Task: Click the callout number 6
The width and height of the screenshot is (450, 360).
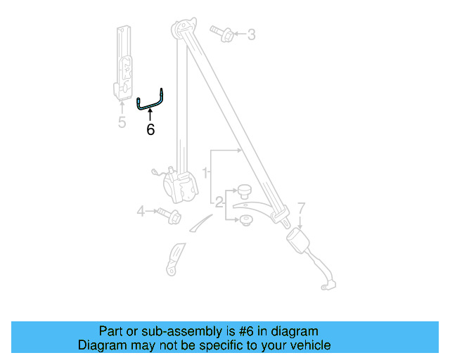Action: [x=150, y=130]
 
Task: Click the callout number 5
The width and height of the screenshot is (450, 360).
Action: [x=122, y=123]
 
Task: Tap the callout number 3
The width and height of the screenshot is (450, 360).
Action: [x=251, y=34]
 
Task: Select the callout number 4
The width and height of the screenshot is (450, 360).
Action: [x=141, y=210]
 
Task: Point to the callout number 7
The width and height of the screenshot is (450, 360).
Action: [x=301, y=208]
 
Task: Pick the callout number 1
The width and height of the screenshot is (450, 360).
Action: [x=205, y=172]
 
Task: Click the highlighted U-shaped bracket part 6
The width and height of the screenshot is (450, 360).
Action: [x=150, y=102]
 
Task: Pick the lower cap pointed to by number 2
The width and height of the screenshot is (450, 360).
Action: [x=245, y=221]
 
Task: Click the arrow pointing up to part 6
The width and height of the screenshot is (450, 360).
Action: [x=150, y=115]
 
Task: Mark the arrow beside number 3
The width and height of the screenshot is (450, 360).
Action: [x=238, y=34]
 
